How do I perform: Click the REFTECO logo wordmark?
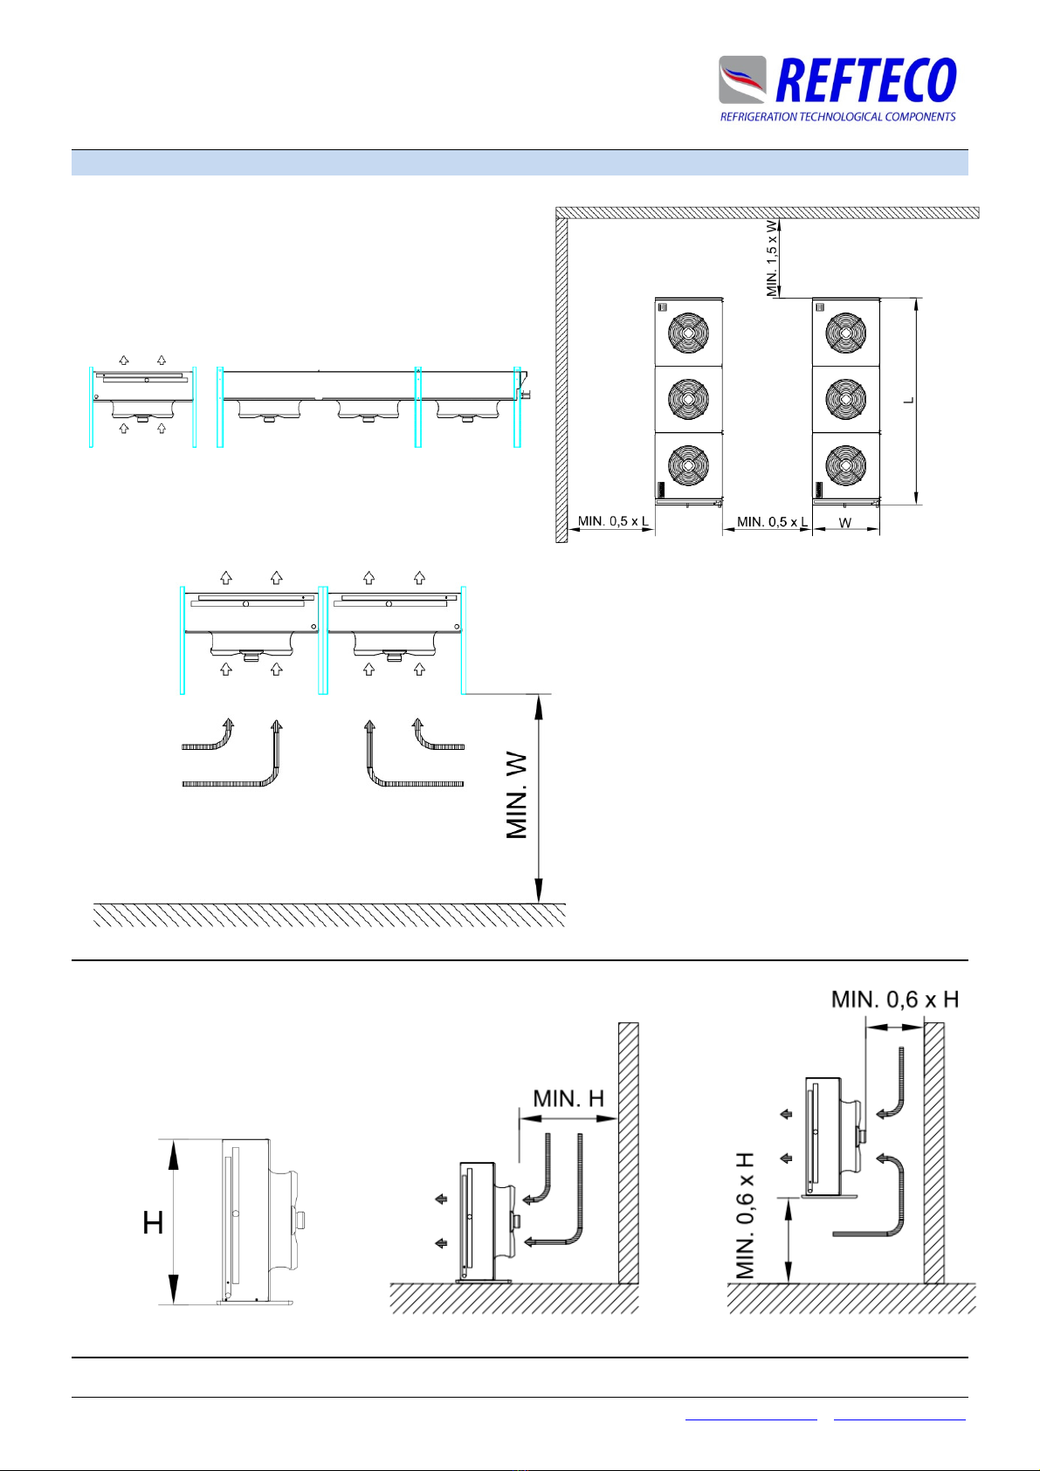click(x=864, y=81)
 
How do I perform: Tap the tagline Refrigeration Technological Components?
click(x=837, y=117)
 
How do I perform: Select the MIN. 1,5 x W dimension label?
click(x=772, y=258)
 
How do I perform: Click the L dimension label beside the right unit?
click(x=909, y=400)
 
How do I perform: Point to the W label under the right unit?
click(x=845, y=523)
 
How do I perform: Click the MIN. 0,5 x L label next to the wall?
click(x=613, y=522)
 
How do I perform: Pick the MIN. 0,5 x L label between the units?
click(x=772, y=522)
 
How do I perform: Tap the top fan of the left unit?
click(x=688, y=333)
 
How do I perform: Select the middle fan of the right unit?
click(x=845, y=400)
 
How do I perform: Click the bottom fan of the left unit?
click(x=688, y=466)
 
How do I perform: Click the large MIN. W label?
click(x=518, y=798)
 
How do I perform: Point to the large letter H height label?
click(x=154, y=1224)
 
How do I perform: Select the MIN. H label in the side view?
click(x=568, y=1098)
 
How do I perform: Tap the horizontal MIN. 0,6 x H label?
click(x=894, y=1000)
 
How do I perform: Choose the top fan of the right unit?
click(x=845, y=333)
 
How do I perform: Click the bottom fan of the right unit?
click(x=845, y=466)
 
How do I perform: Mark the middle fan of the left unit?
click(x=688, y=400)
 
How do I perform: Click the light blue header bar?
click(x=520, y=162)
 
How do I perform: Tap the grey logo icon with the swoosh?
click(x=742, y=80)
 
